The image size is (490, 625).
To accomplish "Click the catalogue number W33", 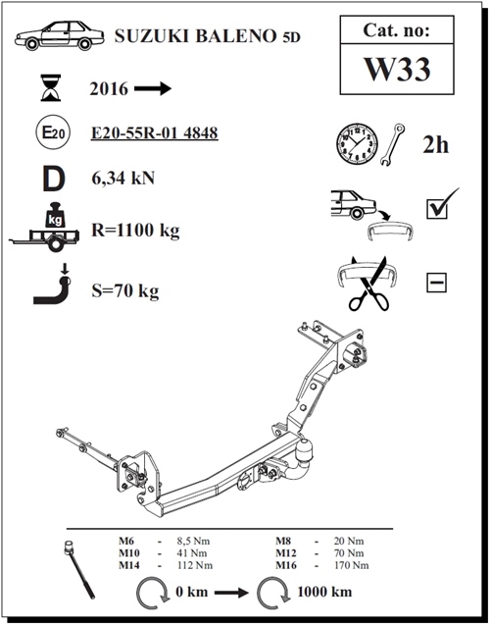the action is pos(397,69).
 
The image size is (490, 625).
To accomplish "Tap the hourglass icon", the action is pos(51,87).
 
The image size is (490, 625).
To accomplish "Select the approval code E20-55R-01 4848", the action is pos(155,132).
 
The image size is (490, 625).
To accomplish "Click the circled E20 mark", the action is pos(53,132).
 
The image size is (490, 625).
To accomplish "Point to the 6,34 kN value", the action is pos(123,178).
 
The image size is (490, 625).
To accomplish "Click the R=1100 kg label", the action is pos(135,231).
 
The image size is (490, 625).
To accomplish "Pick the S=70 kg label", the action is pos(125,291).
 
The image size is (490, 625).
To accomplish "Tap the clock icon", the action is pos(357,143).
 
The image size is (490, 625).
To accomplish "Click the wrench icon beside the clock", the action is pos(392,144).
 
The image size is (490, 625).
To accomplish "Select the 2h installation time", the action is pos(435,144).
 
